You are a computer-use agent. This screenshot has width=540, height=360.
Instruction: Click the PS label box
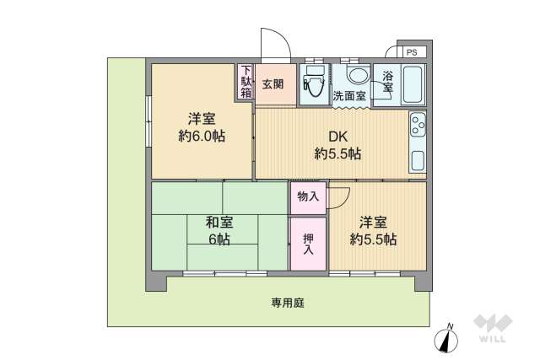tap(411, 52)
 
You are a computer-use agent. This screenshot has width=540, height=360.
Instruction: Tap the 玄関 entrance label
tap(273, 83)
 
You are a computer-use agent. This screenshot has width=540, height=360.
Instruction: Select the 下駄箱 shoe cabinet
tap(246, 82)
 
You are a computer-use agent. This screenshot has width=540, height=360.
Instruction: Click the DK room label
tap(338, 137)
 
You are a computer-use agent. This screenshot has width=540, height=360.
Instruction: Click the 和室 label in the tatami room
tap(219, 223)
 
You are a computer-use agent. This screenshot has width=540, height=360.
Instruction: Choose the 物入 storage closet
tap(308, 196)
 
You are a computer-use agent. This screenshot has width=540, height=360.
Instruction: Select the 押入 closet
tap(309, 244)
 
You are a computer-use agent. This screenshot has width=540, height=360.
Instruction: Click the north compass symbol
tap(447, 339)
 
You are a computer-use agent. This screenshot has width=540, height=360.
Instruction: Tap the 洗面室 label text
tap(348, 95)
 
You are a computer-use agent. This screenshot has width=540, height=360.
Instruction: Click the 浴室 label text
tap(387, 81)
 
